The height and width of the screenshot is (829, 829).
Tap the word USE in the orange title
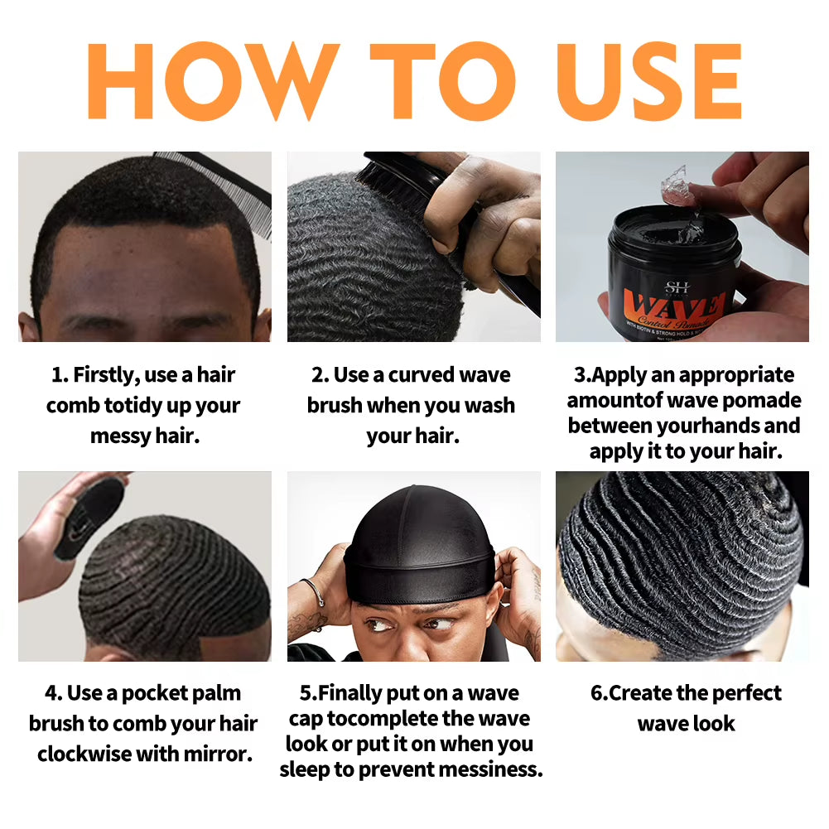click(651, 81)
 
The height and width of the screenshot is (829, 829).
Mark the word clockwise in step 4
click(89, 754)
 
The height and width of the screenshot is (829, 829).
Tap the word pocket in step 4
click(146, 693)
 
